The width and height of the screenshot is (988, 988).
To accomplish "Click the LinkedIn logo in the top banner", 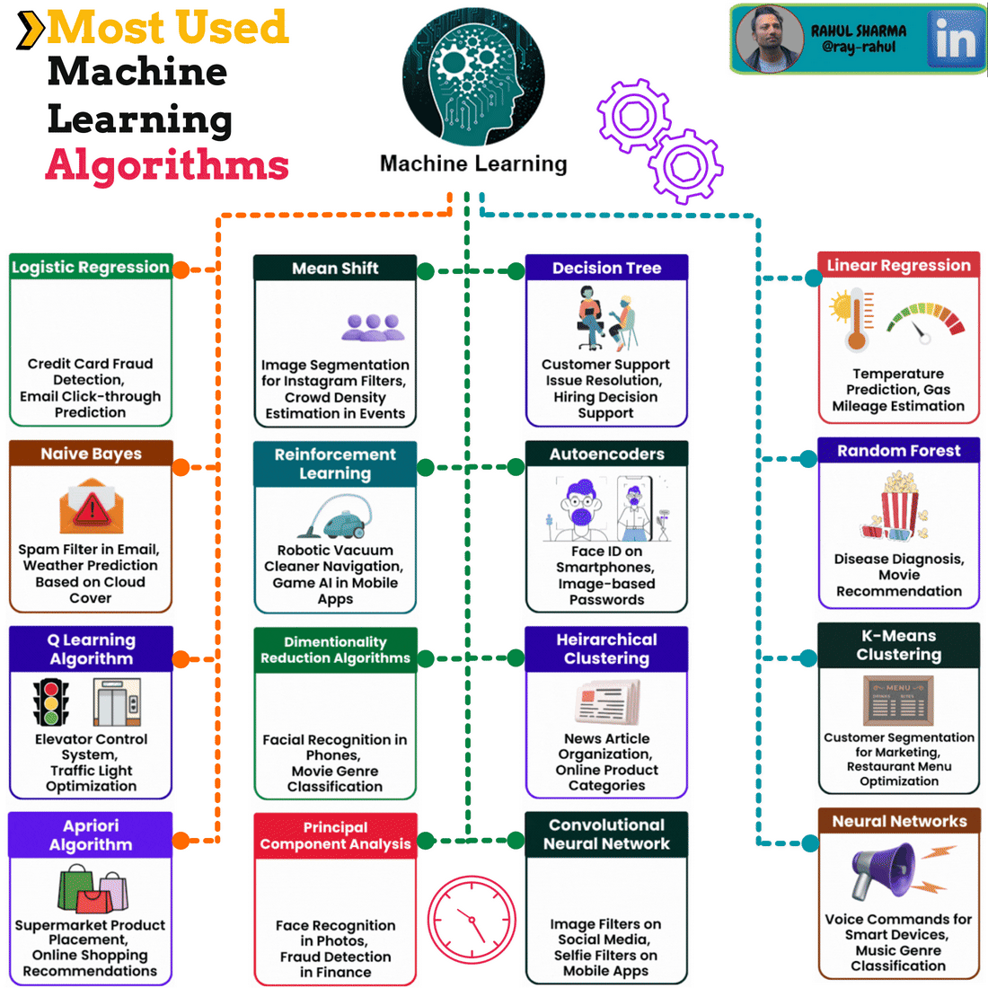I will [x=955, y=40].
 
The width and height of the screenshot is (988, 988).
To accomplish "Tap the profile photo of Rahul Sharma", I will [x=768, y=40].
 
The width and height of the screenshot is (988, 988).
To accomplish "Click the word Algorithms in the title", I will [x=167, y=165].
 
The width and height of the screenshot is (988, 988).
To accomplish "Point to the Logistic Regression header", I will [x=90, y=267].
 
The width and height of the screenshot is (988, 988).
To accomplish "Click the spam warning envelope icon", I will [x=91, y=507].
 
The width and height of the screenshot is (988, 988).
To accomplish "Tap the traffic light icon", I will [x=51, y=701].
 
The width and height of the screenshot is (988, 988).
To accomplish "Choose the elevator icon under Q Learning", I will [x=117, y=701].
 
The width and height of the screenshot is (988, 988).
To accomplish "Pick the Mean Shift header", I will [x=335, y=268].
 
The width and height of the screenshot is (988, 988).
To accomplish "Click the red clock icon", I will [x=472, y=919].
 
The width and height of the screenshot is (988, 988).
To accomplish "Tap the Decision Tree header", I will [x=606, y=268].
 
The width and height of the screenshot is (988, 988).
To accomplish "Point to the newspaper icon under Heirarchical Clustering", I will [x=607, y=702].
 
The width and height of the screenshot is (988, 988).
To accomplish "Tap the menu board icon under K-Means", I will [x=898, y=701].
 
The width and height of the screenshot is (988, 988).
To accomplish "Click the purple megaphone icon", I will [x=885, y=870].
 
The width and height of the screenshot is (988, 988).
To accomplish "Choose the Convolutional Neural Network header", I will [x=606, y=834].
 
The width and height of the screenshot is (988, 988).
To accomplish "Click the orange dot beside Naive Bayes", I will [x=181, y=466].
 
